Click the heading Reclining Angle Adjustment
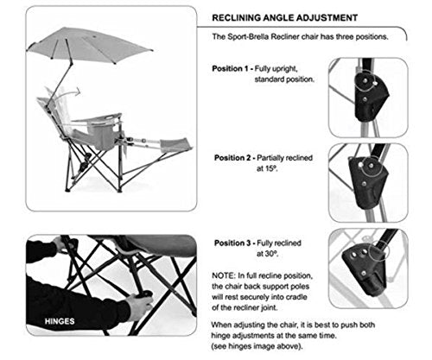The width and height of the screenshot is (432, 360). point(284,18)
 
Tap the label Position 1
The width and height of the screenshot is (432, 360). point(230,69)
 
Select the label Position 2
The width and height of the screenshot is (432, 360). point(232,158)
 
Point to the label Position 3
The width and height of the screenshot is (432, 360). point(232,243)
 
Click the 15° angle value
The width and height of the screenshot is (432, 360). point(267,168)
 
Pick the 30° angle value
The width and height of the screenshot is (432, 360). point(267,254)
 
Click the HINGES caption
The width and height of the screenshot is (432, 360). point(60,321)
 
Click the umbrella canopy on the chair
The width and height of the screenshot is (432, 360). point(89,44)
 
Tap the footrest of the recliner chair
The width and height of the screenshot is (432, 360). point(175,145)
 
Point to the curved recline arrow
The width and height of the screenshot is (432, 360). point(71,92)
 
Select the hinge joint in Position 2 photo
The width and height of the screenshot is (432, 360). point(368,182)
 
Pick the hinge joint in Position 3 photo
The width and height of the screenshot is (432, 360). point(364,268)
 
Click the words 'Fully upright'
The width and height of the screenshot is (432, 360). point(276,69)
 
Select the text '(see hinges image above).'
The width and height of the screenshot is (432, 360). point(257,346)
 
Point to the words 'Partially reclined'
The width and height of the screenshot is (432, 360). point(284,158)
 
